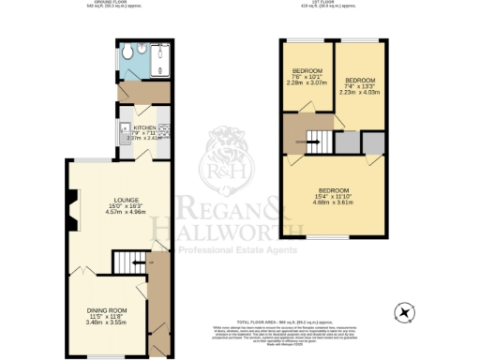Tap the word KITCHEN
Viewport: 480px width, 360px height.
pyautogui.click(x=145, y=127)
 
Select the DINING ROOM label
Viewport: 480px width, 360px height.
pyautogui.click(x=105, y=309)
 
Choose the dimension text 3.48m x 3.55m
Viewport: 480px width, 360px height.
pyautogui.click(x=105, y=322)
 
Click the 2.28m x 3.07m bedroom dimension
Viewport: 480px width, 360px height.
pyautogui.click(x=307, y=83)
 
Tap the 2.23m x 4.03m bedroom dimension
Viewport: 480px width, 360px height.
pyautogui.click(x=359, y=92)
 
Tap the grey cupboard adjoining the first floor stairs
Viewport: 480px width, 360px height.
pyautogui.click(x=346, y=142)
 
